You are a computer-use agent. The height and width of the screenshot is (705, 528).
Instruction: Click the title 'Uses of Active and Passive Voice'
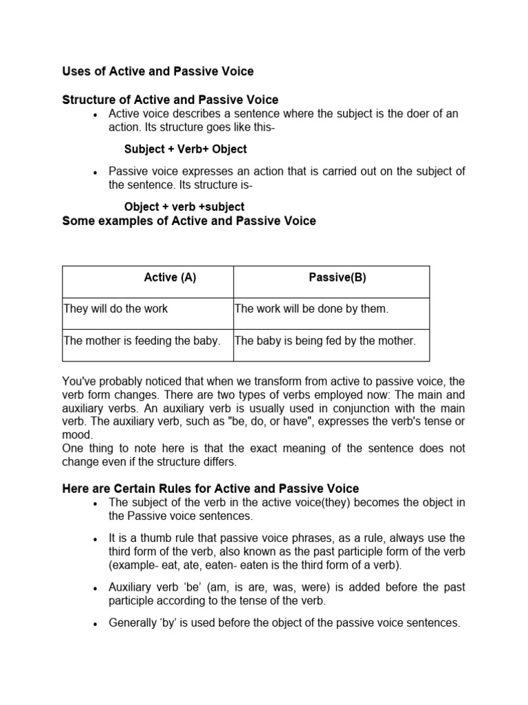click(157, 71)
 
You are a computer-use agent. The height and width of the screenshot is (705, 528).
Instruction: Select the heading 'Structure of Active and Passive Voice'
click(170, 101)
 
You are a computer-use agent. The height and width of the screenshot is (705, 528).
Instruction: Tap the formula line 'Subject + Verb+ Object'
click(185, 149)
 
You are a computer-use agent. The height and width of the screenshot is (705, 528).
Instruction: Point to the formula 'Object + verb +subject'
click(184, 207)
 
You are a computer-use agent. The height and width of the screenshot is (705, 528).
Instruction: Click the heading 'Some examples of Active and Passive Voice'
click(188, 221)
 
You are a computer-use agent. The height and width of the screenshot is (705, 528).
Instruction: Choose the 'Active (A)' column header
click(170, 277)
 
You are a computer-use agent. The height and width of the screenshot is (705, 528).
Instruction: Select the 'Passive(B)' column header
click(338, 277)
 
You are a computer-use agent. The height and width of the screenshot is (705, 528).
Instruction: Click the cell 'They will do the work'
click(115, 308)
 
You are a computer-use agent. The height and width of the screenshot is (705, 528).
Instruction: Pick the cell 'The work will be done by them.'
click(311, 308)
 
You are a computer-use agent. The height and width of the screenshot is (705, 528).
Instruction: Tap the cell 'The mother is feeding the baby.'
click(142, 340)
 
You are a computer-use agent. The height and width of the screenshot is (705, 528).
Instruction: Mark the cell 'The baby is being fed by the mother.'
click(325, 340)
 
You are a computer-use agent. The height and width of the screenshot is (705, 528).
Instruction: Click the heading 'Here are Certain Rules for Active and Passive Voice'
click(210, 488)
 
